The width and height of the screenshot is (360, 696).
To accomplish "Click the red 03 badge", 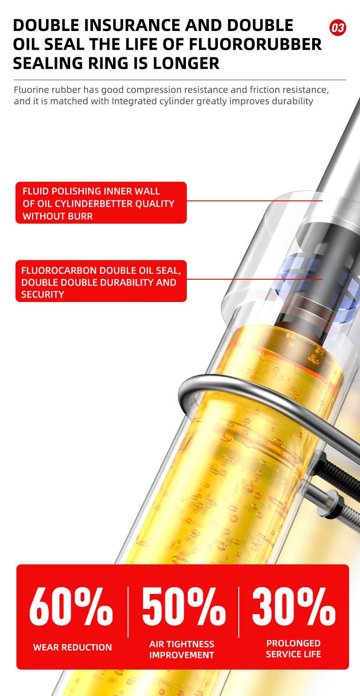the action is point(338,28).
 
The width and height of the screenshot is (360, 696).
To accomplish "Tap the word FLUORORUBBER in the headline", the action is point(256,45).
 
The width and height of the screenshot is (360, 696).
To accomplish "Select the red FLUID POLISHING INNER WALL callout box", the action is point(101,203).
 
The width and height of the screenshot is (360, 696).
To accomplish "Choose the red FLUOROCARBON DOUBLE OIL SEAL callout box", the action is point(101,281).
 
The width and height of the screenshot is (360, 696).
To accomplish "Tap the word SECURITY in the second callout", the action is point(42,295).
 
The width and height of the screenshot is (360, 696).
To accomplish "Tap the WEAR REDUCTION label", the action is point(72,647).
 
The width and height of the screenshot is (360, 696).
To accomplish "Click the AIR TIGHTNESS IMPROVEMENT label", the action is point(181,650).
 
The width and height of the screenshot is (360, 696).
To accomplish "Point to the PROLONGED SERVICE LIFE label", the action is point(293,649).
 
